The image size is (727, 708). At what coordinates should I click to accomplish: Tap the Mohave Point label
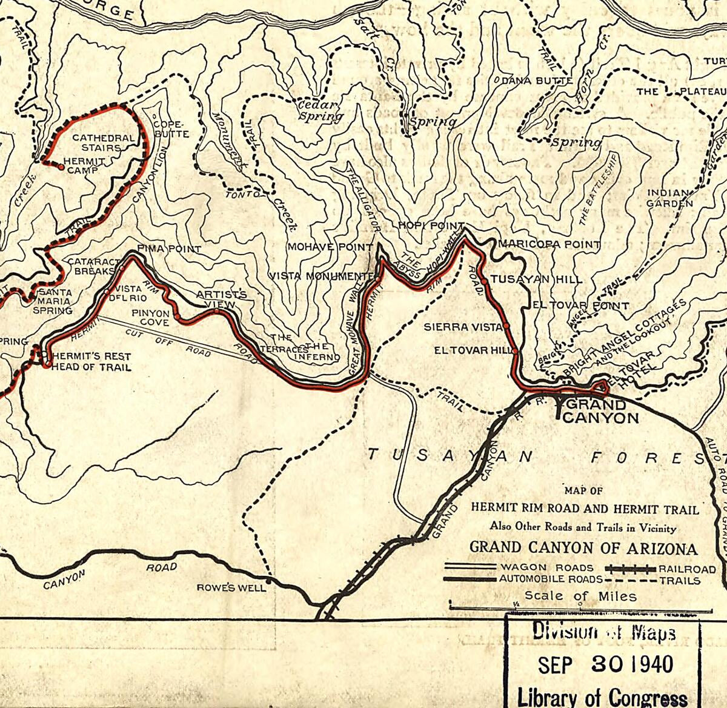pyautogui.click(x=330, y=247)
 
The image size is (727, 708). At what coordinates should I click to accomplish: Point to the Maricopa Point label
pyautogui.click(x=549, y=245)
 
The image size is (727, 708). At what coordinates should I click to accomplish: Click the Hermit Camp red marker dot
pyautogui.click(x=61, y=166)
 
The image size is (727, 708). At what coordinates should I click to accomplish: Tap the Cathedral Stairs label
pyautogui.click(x=104, y=142)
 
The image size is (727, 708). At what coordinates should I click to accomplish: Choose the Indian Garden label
pyautogui.click(x=669, y=198)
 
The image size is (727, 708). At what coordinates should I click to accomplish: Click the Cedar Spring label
pyautogui.click(x=320, y=110)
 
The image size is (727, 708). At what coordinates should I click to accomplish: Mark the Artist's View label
pyautogui.click(x=221, y=299)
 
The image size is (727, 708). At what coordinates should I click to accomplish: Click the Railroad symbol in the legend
pyautogui.click(x=631, y=569)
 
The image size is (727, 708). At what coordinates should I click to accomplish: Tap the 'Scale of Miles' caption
pyautogui.click(x=580, y=596)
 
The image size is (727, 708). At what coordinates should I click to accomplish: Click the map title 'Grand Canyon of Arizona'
pyautogui.click(x=583, y=548)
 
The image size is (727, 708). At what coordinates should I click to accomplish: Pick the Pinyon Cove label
pyautogui.click(x=150, y=318)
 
